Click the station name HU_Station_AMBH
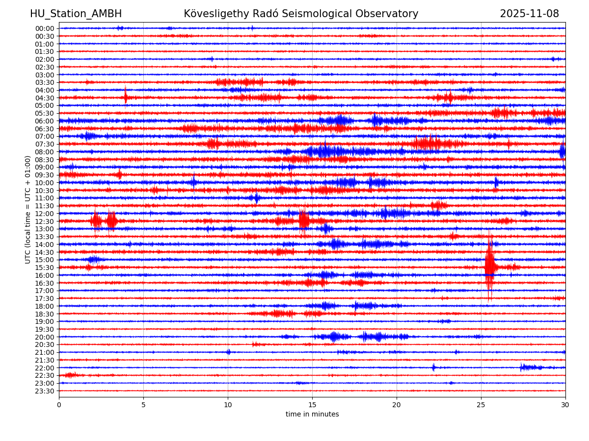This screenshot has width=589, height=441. pyautogui.click(x=76, y=14)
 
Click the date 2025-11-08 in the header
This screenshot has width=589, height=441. pyautogui.click(x=529, y=14)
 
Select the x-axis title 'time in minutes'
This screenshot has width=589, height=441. pyautogui.click(x=312, y=415)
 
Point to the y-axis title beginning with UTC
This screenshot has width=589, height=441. pyautogui.click(x=28, y=210)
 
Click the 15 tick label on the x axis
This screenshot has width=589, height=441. pyautogui.click(x=312, y=405)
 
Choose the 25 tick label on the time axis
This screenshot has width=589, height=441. pyautogui.click(x=481, y=405)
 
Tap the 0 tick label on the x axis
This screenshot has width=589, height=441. pyautogui.click(x=59, y=405)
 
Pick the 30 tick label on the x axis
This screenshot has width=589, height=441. pyautogui.click(x=565, y=405)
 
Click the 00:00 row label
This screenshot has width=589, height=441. pyautogui.click(x=44, y=28)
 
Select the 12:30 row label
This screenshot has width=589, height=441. pyautogui.click(x=44, y=221)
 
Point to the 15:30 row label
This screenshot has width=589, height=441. pyautogui.click(x=44, y=268)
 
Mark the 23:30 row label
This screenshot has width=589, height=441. pyautogui.click(x=44, y=391)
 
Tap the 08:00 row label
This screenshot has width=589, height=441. pyautogui.click(x=44, y=152)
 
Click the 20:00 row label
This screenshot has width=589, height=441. pyautogui.click(x=44, y=337)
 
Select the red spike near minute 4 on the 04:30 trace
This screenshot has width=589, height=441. pyautogui.click(x=125, y=96)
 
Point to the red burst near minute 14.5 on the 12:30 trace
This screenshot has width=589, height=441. pyautogui.click(x=304, y=220)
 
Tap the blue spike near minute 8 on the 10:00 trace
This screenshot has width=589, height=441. pyautogui.click(x=193, y=182)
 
